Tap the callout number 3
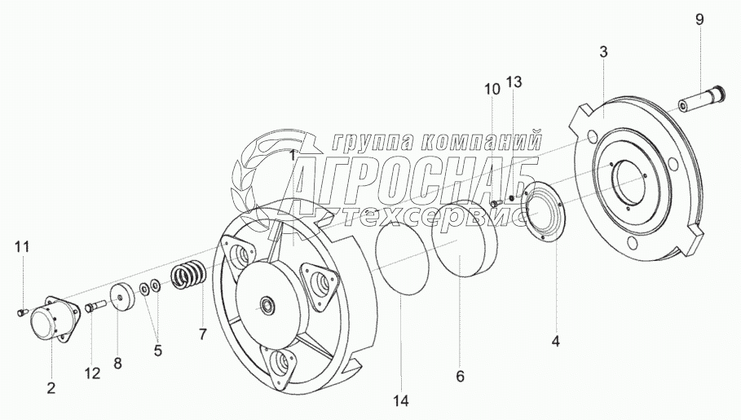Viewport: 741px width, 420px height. coord(603,52)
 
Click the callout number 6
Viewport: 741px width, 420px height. coord(460,376)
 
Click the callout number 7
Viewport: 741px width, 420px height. coord(202,333)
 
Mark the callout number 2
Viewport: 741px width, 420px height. coord(51,388)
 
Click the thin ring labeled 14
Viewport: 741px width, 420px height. coord(402,259)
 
